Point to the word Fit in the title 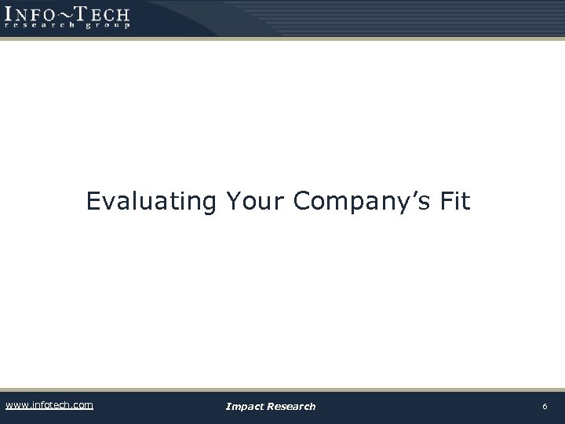[x=455, y=202]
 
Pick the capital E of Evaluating [x=93, y=202]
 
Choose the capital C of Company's [x=304, y=202]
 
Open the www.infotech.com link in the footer [x=49, y=405]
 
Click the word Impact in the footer [x=244, y=407]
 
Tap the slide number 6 [x=545, y=406]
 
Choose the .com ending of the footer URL [x=81, y=405]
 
